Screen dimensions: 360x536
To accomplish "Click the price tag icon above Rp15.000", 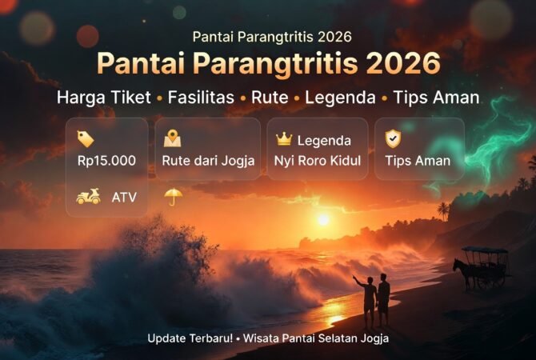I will coord(85,139).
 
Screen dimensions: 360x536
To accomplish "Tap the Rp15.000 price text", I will coord(106,161).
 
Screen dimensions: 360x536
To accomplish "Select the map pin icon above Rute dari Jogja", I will coord(172,138).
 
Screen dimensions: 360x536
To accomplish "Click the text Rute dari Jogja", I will coord(208,161).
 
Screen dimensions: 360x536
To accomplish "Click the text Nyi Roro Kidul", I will coord(317,161).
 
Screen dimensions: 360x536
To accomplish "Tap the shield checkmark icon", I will coord(392,138).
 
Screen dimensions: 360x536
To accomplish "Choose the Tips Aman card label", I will coord(417,161).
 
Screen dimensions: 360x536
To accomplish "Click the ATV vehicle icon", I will coord(88,197).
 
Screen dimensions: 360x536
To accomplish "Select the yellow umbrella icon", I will coord(173,196).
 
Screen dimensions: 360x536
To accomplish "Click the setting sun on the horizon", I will coord(322,219).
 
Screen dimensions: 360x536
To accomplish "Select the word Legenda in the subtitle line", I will coord(341,98).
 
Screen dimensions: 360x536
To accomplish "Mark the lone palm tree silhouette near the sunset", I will coord(442,210).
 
